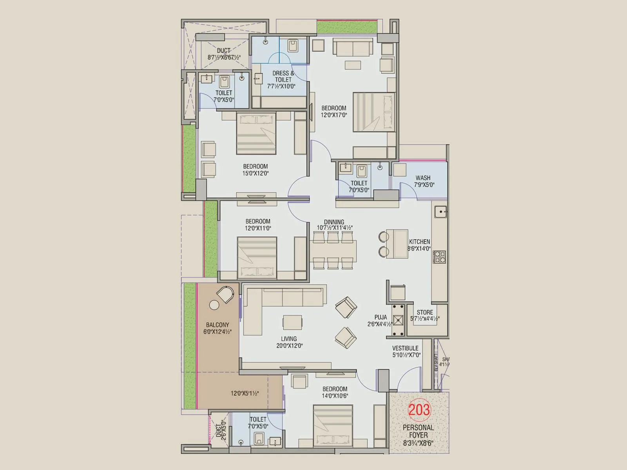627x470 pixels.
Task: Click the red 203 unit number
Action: pyautogui.click(x=419, y=410)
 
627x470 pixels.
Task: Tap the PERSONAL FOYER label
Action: pyautogui.click(x=419, y=431)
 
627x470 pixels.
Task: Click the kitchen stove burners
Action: pyautogui.click(x=439, y=257)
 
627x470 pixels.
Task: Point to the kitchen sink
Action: pyautogui.click(x=441, y=212)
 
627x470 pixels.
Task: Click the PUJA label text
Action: pyautogui.click(x=381, y=317)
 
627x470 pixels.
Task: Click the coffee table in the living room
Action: pyautogui.click(x=292, y=323)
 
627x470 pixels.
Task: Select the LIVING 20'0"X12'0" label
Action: pyautogui.click(x=289, y=342)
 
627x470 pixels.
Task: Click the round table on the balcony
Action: pyautogui.click(x=214, y=305)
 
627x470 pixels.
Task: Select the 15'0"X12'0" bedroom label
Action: pyautogui.click(x=256, y=170)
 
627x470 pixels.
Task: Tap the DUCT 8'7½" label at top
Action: pyautogui.click(x=224, y=54)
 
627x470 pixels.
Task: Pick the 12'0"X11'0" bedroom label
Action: pyautogui.click(x=258, y=224)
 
